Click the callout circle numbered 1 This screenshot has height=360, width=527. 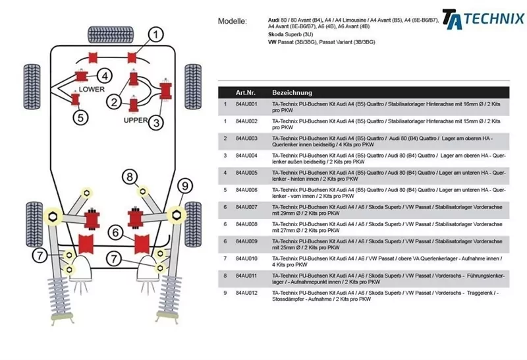click(155, 35)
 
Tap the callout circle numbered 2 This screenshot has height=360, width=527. click(115, 102)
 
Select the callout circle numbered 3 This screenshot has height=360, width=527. click(156, 122)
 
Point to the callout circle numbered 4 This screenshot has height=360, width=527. click(105, 75)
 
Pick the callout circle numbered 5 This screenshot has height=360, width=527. click(80, 118)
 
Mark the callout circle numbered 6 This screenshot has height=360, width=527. click(115, 232)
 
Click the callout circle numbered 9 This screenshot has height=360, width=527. click(185, 185)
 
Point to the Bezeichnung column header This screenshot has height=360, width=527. click(292, 93)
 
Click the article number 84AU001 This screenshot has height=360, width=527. click(246, 104)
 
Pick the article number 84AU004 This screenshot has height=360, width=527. click(246, 156)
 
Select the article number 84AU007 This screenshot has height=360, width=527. click(246, 207)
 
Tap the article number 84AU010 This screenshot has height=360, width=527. click(246, 258)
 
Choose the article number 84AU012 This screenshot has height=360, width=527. click(246, 293)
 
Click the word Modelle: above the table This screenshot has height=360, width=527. click(233, 21)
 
